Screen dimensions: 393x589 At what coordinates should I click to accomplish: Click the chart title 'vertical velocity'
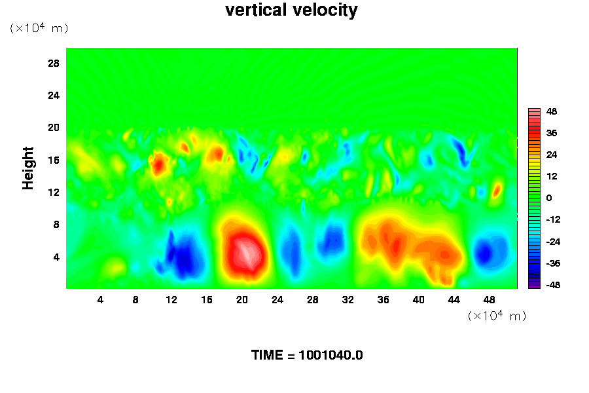point(291,10)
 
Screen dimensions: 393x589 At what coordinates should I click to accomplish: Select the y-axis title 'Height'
point(28,177)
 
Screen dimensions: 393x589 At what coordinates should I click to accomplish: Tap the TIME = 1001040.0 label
point(307,356)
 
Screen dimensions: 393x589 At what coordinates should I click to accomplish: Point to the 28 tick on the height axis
point(54,63)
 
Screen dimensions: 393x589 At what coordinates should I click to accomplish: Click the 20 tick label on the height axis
point(54,127)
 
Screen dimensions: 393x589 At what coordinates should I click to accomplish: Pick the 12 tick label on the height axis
point(54,192)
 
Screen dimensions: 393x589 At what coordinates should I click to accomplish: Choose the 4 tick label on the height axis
point(56,257)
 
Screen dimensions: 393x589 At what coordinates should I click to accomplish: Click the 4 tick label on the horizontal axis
point(100,300)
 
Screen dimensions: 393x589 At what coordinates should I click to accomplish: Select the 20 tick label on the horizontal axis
point(242,300)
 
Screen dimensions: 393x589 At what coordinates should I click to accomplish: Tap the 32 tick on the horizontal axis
point(348,300)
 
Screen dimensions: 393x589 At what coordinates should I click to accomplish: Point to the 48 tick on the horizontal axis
point(490,300)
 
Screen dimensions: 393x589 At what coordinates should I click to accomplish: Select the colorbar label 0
point(548,198)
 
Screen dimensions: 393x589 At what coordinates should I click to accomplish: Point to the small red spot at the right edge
point(497,190)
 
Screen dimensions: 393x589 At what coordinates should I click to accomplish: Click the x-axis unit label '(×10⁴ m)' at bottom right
point(497,316)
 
